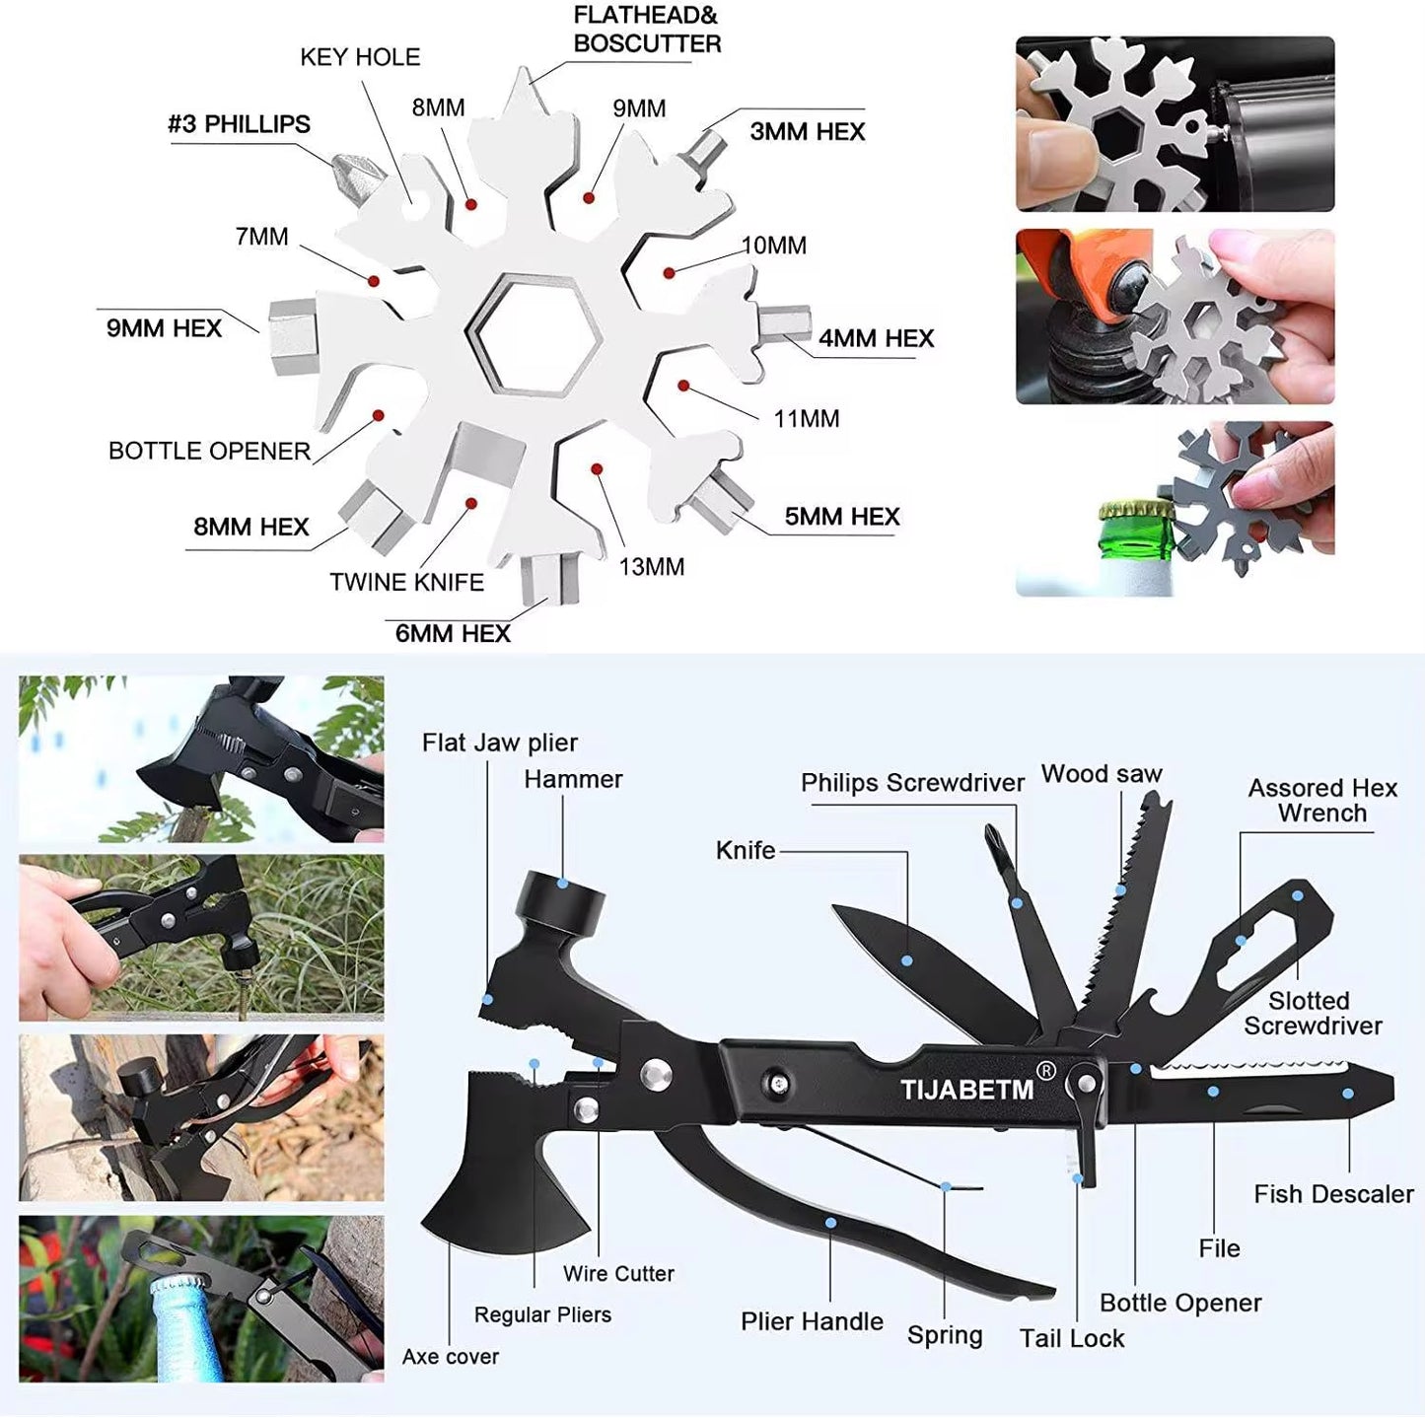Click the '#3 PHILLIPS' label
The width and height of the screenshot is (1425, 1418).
(239, 124)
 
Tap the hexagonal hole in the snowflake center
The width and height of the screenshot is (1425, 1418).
(534, 335)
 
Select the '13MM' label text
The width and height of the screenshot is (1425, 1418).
(651, 567)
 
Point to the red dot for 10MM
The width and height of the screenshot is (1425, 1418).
(669, 272)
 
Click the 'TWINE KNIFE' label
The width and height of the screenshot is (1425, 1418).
(406, 583)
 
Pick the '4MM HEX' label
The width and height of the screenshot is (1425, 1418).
(876, 338)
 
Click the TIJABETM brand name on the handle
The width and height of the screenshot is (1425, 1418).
(966, 1090)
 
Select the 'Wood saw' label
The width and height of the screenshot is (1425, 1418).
(1102, 774)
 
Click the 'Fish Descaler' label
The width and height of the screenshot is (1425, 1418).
(1333, 1194)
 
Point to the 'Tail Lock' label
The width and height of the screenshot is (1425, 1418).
(1072, 1338)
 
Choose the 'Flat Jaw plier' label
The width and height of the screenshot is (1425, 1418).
(499, 743)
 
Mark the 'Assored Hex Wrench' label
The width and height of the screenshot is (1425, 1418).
(1322, 801)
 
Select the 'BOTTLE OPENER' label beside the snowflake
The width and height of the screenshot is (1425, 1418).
(209, 452)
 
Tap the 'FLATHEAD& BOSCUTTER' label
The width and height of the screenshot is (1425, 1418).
(647, 30)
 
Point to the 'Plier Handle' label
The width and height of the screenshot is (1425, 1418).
(812, 1321)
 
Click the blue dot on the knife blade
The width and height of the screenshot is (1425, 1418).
(906, 960)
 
